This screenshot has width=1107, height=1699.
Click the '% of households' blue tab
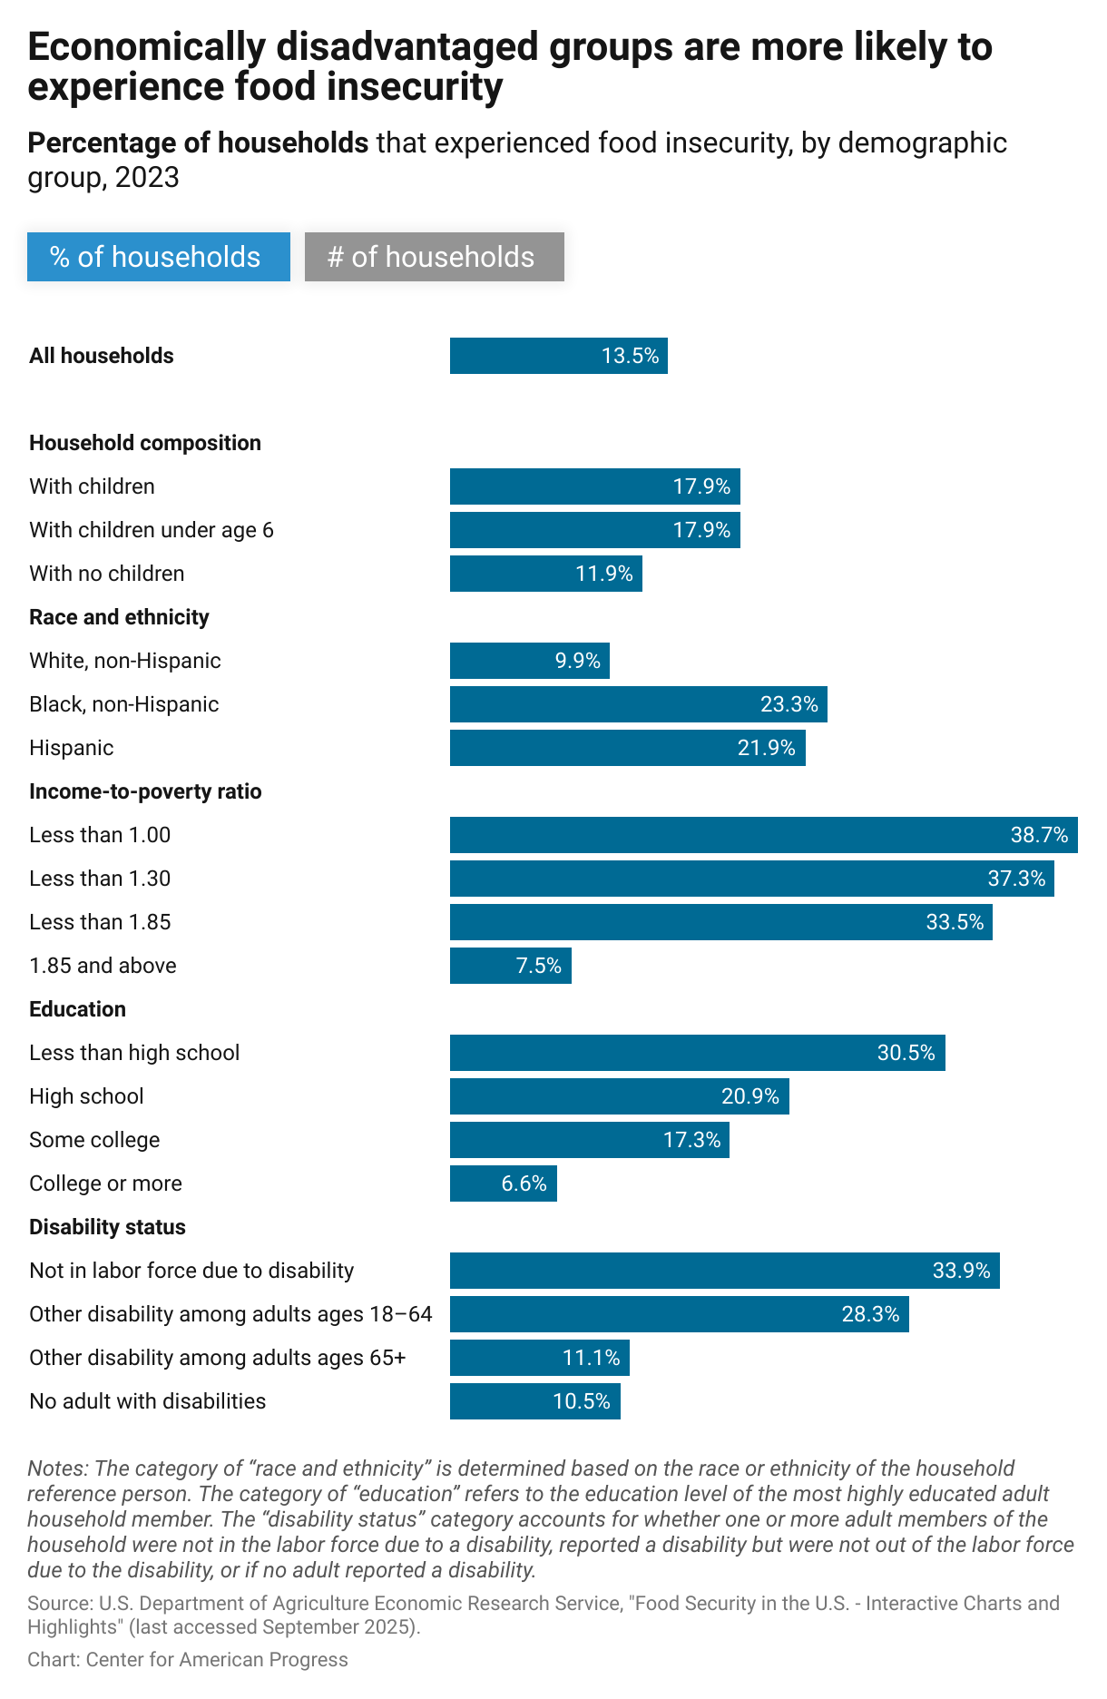(158, 257)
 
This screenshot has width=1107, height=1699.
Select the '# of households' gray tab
(434, 257)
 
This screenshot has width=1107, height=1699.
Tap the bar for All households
(558, 356)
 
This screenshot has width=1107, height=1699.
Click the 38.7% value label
(1039, 835)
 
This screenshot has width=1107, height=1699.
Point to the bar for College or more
(503, 1183)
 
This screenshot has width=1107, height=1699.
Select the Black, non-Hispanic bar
(638, 704)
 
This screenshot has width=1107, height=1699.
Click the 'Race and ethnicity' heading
(119, 617)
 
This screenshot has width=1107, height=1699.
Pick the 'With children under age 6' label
(151, 530)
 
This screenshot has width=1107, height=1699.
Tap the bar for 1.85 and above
(510, 966)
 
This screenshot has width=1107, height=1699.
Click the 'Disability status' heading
(107, 1227)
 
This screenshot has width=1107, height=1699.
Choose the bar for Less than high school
(697, 1053)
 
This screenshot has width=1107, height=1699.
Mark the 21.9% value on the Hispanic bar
(766, 748)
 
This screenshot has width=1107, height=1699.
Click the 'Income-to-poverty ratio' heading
(145, 791)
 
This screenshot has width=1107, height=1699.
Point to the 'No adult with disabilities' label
(147, 1401)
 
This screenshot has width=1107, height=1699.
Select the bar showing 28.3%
(679, 1314)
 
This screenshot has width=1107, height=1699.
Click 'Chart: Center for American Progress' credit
(187, 1660)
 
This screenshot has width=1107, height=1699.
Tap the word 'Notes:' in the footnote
(57, 1468)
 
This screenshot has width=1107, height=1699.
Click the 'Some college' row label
(94, 1140)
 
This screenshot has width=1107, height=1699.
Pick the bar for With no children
(545, 574)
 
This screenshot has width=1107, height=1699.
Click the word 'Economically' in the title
(145, 47)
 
